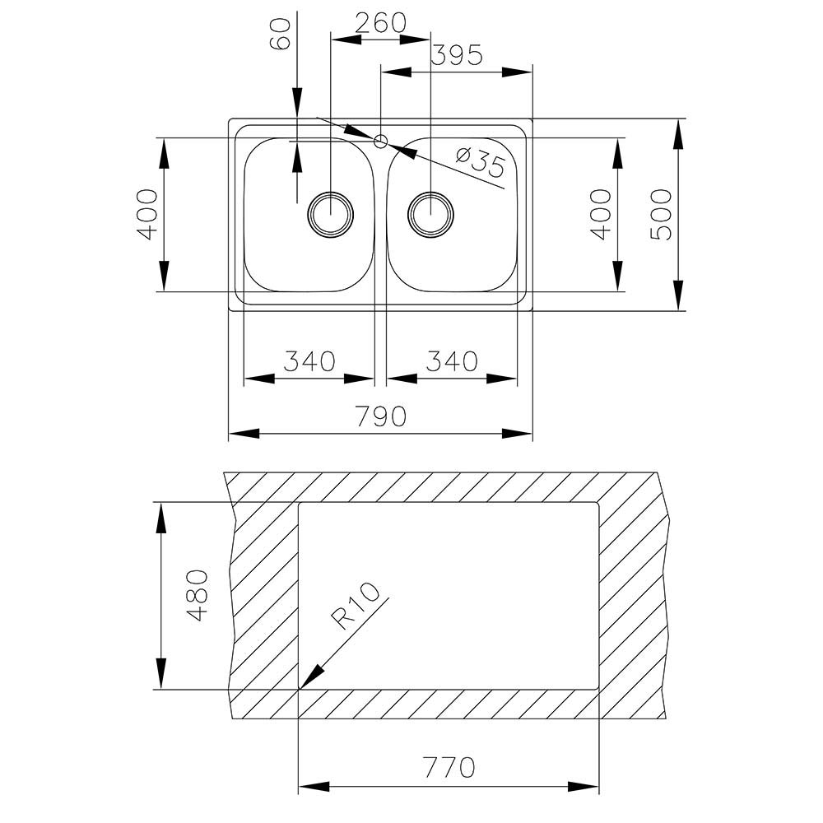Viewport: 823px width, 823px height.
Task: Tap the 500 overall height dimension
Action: coord(661,215)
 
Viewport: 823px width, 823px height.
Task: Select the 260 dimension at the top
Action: coord(380,22)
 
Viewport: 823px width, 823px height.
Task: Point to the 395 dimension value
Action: coord(456,54)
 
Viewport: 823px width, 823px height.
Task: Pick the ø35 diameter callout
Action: coord(480,161)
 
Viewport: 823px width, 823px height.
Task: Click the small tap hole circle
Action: coord(380,141)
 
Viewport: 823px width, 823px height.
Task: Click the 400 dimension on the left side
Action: coord(147,215)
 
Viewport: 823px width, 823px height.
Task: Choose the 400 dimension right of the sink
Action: coord(601,215)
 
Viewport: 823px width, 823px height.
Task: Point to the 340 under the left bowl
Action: coord(309,361)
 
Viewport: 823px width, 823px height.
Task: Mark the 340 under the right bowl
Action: coord(451,361)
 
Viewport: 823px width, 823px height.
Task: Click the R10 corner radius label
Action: coord(355,607)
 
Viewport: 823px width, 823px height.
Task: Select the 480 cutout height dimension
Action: coord(198,596)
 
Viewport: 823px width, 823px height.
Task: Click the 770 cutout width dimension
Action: coord(449,767)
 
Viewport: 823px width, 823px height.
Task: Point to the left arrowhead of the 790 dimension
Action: coord(244,434)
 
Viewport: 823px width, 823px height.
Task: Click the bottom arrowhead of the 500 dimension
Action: coord(678,295)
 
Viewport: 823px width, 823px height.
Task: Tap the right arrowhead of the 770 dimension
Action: coord(584,787)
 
